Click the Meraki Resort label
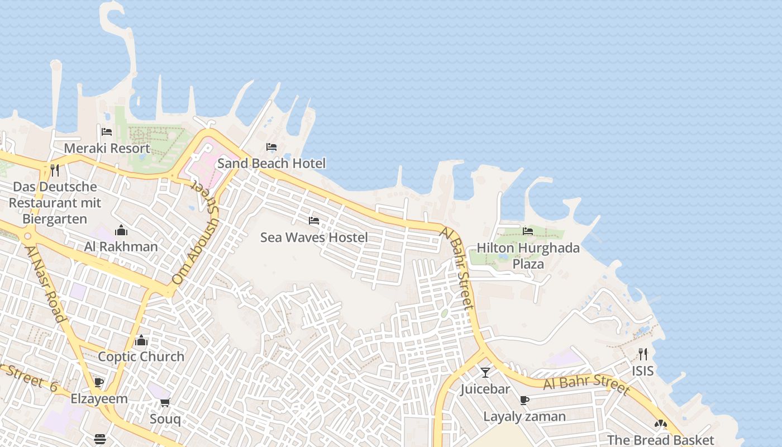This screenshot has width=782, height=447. tap(107, 148)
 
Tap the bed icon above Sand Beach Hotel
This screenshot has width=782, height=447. tap(271, 147)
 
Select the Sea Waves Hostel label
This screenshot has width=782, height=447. tap(314, 237)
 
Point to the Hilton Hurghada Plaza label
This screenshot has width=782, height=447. tap(528, 255)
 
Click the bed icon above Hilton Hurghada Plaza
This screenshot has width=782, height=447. tap(527, 231)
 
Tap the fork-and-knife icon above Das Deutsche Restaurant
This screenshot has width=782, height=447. tap(55, 170)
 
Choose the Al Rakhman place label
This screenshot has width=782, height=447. tap(121, 246)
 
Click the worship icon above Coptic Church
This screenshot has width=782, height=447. tap(141, 340)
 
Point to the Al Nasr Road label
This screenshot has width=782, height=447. tap(46, 283)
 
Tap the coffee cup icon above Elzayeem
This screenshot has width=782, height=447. tap(99, 383)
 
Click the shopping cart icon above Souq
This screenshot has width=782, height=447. tap(165, 402)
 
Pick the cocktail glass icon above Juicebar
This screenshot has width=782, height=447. tap(485, 372)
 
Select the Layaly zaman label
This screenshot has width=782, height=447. tap(524, 417)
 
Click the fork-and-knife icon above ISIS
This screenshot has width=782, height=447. tap(642, 354)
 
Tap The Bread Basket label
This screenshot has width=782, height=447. tap(660, 440)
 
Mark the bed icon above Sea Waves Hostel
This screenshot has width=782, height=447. tap(314, 221)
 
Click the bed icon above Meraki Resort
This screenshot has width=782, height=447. tap(107, 132)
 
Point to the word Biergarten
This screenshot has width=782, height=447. tap(55, 219)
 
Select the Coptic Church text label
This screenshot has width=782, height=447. tap(141, 356)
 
